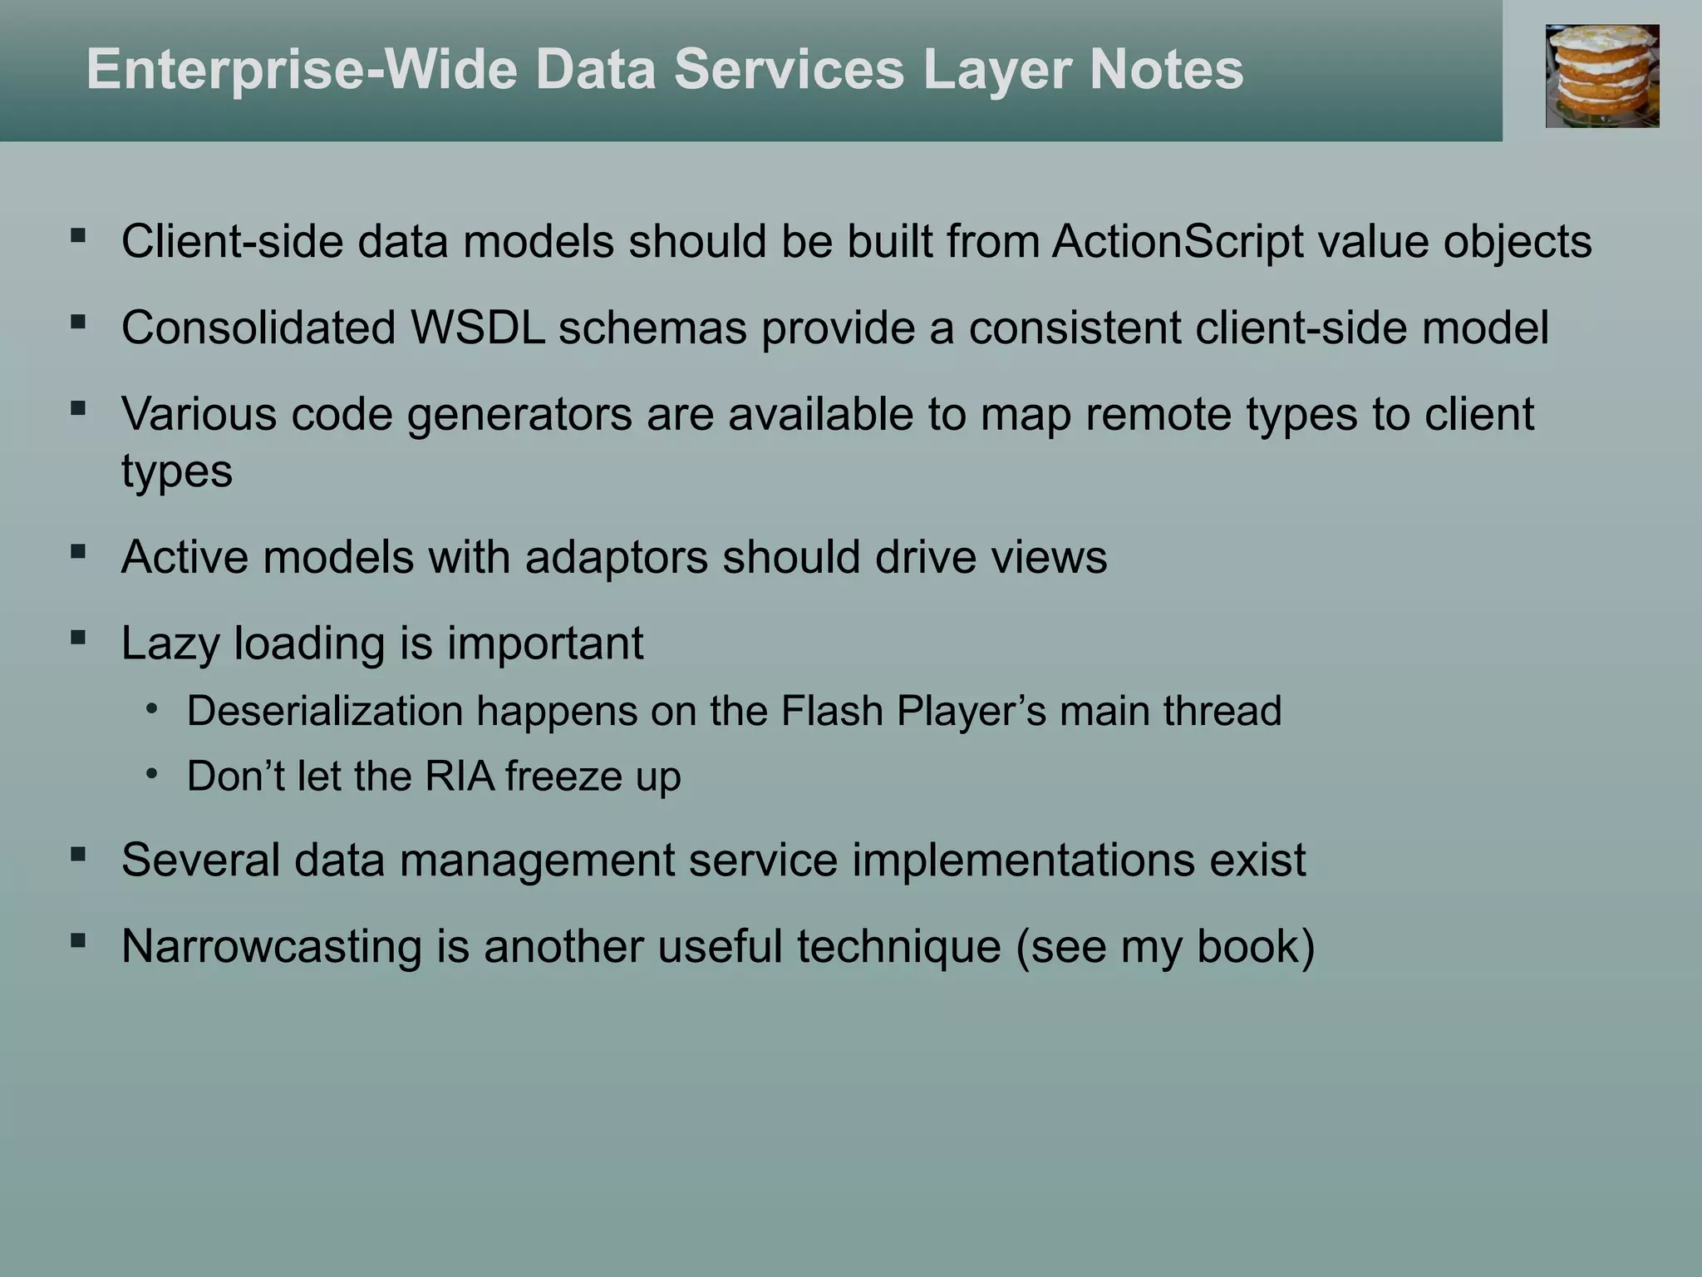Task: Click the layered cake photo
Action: coord(1601,76)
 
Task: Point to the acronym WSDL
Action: coord(478,328)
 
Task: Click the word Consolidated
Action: coord(258,328)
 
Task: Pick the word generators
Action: coord(519,414)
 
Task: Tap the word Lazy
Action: coord(170,643)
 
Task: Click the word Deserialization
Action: coord(324,712)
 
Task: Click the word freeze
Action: coord(563,777)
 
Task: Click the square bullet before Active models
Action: coord(78,551)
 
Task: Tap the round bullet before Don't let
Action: coord(151,774)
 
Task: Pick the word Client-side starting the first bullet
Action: coord(232,242)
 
